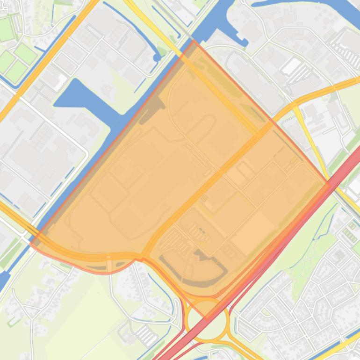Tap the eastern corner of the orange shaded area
pos(330,186)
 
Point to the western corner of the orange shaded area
pos(31,244)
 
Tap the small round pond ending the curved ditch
pos(157,57)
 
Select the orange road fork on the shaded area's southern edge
pos(143,256)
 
